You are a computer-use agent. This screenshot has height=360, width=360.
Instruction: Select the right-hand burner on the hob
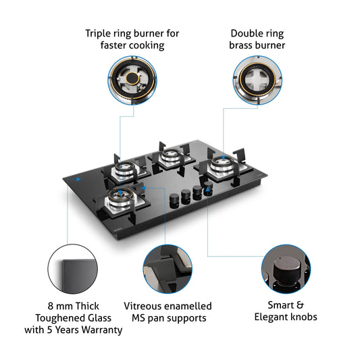pyautogui.click(x=221, y=166)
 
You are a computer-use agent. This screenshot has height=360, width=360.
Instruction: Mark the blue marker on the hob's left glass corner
pyautogui.click(x=78, y=180)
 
